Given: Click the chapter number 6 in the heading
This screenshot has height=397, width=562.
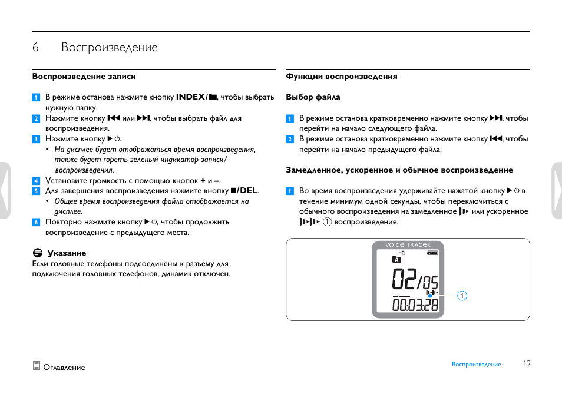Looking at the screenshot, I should click(x=35, y=48).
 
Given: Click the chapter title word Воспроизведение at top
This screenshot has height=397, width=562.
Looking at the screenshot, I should click(x=110, y=48).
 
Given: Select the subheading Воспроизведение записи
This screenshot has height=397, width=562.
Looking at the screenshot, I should click(x=84, y=77).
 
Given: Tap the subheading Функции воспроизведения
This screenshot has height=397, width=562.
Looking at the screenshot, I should click(x=342, y=77).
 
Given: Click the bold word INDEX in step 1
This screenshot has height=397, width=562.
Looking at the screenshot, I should click(x=190, y=97).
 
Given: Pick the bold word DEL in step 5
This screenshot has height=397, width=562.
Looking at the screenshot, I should click(x=247, y=191).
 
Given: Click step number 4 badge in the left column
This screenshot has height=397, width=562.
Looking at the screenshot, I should click(x=36, y=181).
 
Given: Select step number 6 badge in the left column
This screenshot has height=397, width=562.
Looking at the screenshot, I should click(x=36, y=222).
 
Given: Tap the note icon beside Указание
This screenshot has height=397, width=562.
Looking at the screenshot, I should click(x=37, y=253).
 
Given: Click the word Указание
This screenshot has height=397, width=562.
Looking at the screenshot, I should click(x=67, y=253).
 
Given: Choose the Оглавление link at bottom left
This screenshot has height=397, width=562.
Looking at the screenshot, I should click(x=64, y=368).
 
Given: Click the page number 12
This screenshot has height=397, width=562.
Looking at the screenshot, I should click(x=527, y=364).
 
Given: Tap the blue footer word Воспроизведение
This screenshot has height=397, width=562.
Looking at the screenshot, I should click(x=476, y=365).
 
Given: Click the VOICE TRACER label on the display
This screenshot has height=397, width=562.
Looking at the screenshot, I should click(x=408, y=245).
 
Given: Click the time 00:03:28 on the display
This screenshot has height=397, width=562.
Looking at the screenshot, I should click(x=415, y=305).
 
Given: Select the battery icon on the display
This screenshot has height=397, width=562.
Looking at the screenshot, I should click(x=433, y=253).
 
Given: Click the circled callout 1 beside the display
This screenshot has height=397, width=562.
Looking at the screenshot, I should click(x=462, y=296).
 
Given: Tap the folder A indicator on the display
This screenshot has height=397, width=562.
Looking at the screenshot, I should click(x=396, y=260).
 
